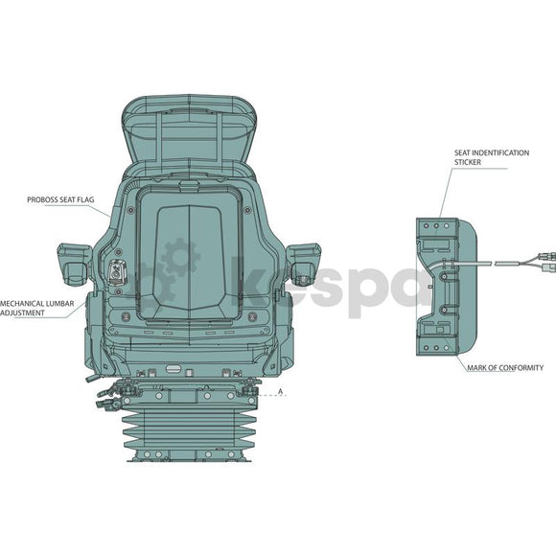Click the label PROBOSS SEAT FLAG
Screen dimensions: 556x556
click(x=60, y=200)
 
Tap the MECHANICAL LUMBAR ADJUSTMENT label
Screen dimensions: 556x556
click(x=36, y=308)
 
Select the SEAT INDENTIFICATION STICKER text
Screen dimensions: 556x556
click(x=492, y=157)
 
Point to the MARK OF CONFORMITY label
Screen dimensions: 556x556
click(x=505, y=368)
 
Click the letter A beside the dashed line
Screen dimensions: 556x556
click(x=281, y=391)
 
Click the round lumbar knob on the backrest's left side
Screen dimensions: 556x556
click(x=116, y=272)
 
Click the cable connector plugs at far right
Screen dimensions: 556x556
click(x=546, y=261)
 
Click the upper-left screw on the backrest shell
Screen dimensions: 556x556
click(x=130, y=210)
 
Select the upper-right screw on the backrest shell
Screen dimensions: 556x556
click(x=247, y=210)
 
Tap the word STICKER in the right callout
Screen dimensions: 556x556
click(x=468, y=162)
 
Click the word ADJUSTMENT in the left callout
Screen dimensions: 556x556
click(x=22, y=313)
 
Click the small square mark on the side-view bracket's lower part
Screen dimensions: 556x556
click(x=440, y=330)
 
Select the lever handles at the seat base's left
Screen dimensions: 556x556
click(x=106, y=397)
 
